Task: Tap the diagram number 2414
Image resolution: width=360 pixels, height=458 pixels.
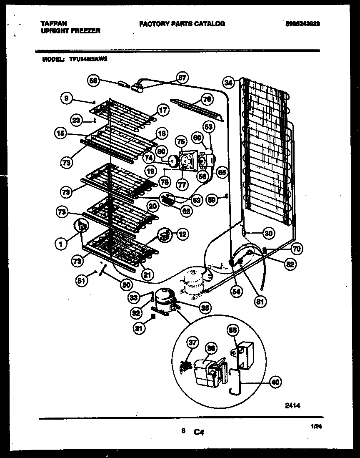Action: tap(292, 405)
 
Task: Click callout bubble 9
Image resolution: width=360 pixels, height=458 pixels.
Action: tap(66, 98)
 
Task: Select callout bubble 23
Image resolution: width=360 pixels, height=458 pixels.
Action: tap(76, 120)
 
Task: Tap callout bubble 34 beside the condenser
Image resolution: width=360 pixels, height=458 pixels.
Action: tap(227, 83)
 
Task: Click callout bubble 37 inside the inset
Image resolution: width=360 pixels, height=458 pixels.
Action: tap(192, 343)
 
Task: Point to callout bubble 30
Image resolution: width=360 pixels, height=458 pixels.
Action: tap(269, 234)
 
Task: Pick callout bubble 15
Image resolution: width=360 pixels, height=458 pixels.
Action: tap(61, 134)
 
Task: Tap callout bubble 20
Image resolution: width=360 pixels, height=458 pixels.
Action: tap(152, 206)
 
